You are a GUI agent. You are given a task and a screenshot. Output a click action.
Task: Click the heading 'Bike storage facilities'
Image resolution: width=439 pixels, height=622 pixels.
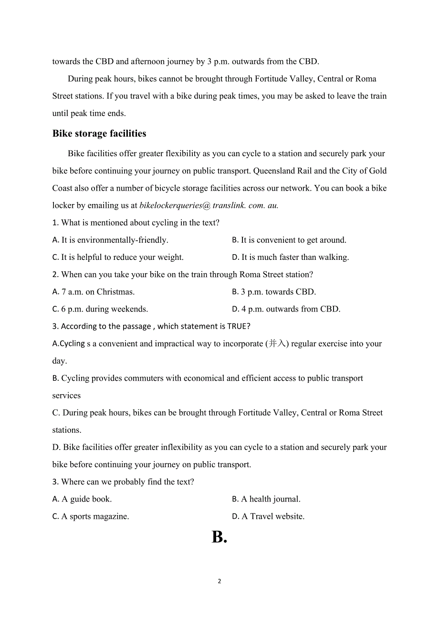pos(99,134)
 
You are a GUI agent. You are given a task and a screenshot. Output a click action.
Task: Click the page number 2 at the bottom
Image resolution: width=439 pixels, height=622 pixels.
pos(219,581)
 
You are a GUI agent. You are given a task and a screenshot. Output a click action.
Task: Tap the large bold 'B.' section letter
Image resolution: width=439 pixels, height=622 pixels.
pos(219,537)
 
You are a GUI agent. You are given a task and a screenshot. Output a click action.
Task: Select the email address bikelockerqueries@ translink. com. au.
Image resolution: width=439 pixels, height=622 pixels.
pos(209,205)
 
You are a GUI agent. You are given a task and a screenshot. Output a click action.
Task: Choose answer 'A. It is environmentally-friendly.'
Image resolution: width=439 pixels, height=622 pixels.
pos(110,240)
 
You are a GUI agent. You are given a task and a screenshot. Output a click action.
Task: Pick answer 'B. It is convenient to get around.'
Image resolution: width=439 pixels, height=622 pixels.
pos(289,240)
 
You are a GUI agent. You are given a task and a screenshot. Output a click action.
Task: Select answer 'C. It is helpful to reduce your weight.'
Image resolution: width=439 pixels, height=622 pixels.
pos(118,257)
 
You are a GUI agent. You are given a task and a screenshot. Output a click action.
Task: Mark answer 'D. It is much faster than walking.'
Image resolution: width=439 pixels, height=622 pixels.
pos(291,257)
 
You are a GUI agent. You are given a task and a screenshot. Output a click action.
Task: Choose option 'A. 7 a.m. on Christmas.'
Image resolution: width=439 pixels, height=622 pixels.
pos(94,291)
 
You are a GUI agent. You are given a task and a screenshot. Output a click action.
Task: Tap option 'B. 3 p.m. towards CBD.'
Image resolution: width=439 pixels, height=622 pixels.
pos(274,291)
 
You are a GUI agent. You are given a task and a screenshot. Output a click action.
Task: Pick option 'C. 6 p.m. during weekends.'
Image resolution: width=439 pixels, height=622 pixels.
pos(100,309)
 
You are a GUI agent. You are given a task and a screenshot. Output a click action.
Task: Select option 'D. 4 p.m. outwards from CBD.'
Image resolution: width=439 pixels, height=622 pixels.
pos(286,309)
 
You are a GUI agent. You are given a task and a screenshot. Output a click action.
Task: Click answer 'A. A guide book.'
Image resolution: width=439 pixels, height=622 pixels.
pos(82,499)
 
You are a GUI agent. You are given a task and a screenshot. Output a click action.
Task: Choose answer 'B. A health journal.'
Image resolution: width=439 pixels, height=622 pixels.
pos(266,499)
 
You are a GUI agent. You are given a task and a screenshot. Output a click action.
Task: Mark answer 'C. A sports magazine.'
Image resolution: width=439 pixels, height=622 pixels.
pos(91,516)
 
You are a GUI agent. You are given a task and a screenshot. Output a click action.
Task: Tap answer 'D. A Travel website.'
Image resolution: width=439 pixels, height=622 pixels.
pos(268,516)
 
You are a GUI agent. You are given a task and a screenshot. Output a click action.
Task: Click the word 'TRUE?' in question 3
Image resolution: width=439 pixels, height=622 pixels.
pos(239,326)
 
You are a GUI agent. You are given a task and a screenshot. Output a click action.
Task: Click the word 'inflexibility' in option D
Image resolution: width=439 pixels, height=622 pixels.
pos(181,447)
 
